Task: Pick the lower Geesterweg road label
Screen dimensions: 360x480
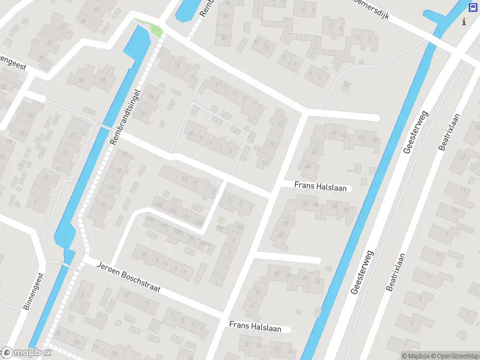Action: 359,272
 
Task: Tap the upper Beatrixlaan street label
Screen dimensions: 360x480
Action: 451,131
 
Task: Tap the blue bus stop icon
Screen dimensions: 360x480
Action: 473,7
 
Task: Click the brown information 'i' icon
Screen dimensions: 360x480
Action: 464,22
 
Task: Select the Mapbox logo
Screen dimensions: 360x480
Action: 26,353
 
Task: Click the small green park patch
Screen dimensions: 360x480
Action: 151,28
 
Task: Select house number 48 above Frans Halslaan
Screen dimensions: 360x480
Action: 328,136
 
